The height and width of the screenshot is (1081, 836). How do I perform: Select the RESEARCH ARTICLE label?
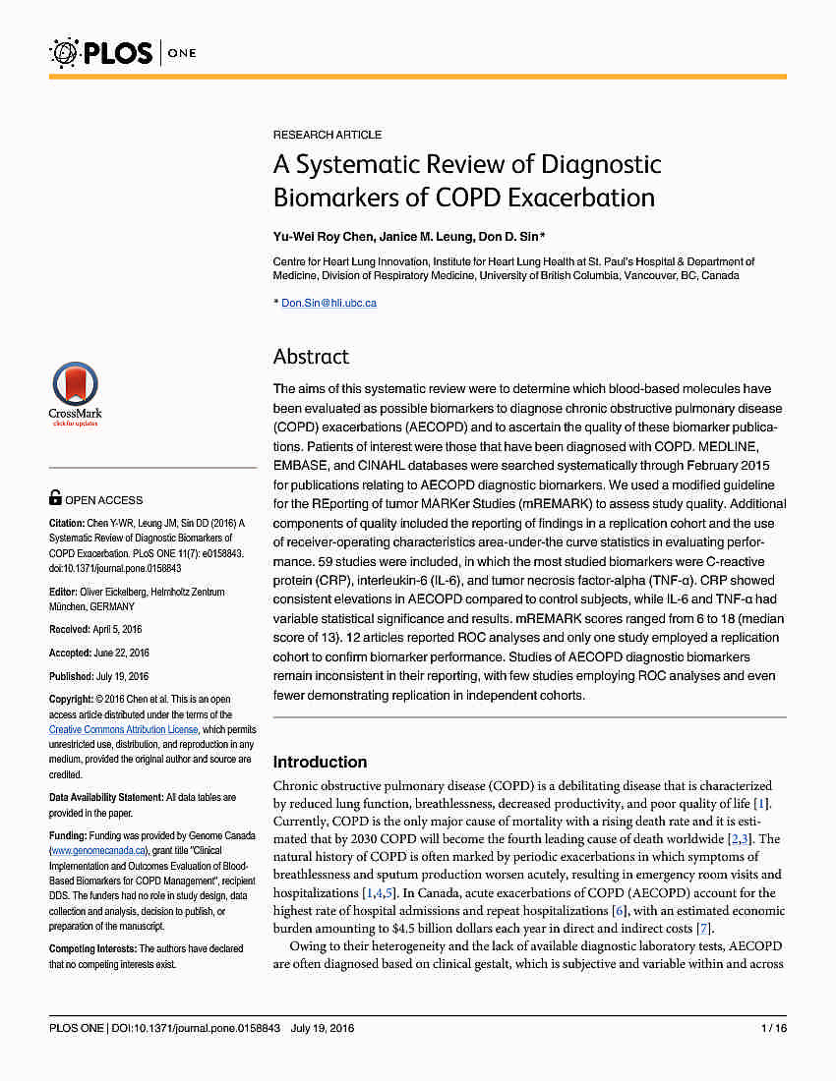(x=327, y=135)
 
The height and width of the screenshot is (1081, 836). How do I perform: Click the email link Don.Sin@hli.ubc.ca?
(x=328, y=303)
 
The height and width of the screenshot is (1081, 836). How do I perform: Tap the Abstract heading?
(x=311, y=357)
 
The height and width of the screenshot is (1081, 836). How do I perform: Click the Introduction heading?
(x=320, y=762)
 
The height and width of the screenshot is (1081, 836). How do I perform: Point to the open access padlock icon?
(x=55, y=499)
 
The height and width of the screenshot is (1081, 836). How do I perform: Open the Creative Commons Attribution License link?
(x=124, y=730)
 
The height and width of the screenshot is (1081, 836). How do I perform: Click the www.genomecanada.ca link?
(x=99, y=850)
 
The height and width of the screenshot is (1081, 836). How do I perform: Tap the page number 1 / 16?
(x=773, y=1029)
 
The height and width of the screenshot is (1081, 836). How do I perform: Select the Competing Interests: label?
(x=92, y=948)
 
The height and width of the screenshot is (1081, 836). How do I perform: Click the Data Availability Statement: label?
(x=105, y=797)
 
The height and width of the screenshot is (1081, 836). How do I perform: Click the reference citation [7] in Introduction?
(x=702, y=929)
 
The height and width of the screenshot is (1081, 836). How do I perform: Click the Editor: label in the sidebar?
(x=64, y=592)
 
